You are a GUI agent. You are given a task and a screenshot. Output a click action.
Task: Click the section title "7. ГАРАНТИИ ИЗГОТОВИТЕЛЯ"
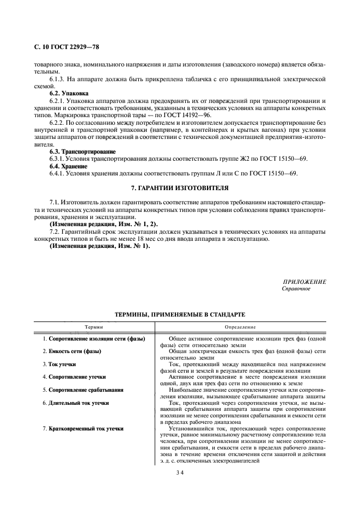click(x=180, y=188)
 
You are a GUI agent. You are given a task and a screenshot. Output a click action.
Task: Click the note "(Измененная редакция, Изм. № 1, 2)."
click(x=96, y=224)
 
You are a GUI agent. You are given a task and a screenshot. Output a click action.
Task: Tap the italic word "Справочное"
click(x=296, y=288)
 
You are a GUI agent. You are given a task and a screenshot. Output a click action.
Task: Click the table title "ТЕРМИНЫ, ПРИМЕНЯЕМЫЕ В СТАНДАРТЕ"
click(x=180, y=315)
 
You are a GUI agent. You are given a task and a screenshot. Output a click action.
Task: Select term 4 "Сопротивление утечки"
click(x=77, y=377)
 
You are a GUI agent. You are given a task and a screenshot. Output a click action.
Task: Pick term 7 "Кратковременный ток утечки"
click(x=86, y=428)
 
